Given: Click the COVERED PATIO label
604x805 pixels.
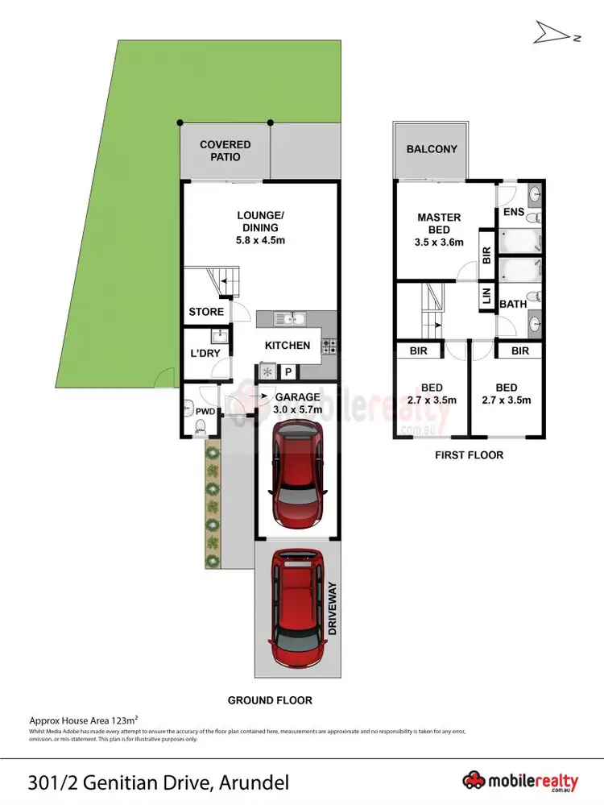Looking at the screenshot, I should click(x=225, y=151).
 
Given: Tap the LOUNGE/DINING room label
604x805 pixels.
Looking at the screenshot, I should click(x=260, y=228).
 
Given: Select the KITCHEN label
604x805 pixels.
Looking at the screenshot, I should click(x=288, y=346).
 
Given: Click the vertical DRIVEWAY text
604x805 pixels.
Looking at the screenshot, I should click(x=332, y=610).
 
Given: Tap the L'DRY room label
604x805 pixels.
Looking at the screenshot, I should click(x=205, y=353).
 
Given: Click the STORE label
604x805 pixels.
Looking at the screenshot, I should click(x=206, y=312).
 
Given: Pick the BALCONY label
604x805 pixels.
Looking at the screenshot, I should click(x=432, y=149).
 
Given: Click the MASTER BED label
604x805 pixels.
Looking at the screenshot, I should click(x=439, y=230).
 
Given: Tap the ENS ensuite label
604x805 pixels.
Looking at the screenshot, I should click(x=514, y=213).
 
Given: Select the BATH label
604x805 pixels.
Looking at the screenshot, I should click(x=513, y=305).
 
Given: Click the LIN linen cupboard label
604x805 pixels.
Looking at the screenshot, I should click(x=486, y=297).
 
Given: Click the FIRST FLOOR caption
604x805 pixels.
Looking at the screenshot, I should click(x=469, y=455).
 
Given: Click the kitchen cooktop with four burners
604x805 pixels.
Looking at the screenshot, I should click(x=329, y=346).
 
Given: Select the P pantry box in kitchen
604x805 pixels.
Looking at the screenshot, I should click(x=287, y=371).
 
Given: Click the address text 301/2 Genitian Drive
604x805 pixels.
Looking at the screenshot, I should click(x=158, y=781).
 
